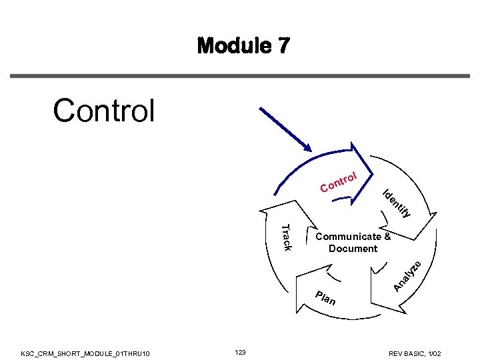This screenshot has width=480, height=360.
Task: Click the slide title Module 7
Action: [x=243, y=46]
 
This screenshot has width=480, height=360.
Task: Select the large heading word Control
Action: [x=103, y=111]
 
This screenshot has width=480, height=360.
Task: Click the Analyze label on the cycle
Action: [x=407, y=275]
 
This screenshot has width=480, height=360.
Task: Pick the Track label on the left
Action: [x=284, y=238]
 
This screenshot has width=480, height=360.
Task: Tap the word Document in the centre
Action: [x=353, y=249]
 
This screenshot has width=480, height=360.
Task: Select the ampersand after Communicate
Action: [x=387, y=237]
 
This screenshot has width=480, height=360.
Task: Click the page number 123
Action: [x=241, y=351]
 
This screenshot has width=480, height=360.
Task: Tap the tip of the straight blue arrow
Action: [x=311, y=150]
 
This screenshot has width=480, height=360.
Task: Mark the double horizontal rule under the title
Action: [x=240, y=76]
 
